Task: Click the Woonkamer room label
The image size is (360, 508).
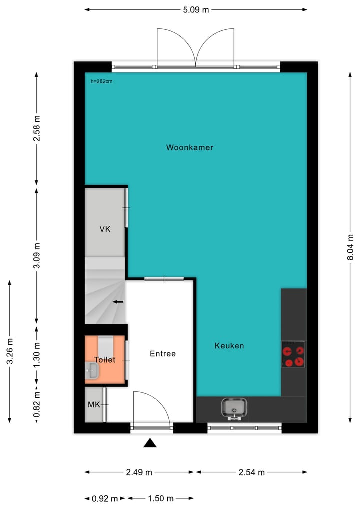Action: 190,148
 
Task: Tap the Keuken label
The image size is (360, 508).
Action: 229,346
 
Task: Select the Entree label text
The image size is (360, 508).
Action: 163,354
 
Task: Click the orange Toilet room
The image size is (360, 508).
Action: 105,360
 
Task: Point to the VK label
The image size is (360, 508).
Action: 105,229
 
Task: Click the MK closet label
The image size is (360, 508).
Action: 94,404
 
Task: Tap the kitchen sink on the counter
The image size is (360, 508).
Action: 234,408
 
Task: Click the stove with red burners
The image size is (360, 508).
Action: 293,354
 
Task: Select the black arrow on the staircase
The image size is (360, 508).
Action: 118,302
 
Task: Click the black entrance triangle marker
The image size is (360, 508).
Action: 150,443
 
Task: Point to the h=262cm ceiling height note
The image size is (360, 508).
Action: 101,81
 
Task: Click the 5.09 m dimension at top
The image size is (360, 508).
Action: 195,9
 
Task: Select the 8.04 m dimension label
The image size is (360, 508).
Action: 351,248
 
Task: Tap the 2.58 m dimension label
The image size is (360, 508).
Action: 36,128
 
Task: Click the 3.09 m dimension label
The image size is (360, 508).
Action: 36,256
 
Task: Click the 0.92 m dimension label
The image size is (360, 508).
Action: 105,498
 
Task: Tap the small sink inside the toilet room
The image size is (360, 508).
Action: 92,370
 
